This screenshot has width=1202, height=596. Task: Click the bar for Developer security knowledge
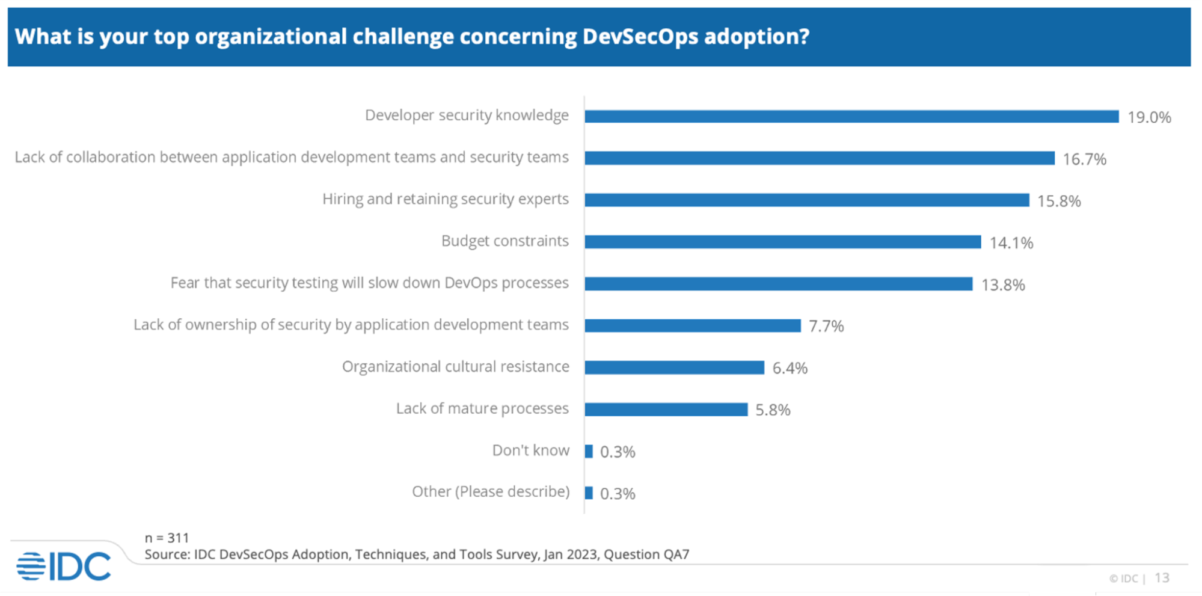[x=851, y=117]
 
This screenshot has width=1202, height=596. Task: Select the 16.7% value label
[x=1084, y=159]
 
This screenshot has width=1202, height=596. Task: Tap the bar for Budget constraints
[x=782, y=242]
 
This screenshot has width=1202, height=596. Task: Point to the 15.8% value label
[x=1058, y=201]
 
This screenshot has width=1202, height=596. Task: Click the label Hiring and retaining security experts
[x=445, y=199]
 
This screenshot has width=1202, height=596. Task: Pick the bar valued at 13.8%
[x=778, y=284]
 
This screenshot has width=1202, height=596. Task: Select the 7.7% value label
[x=826, y=326]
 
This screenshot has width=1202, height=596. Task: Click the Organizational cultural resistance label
[x=455, y=367]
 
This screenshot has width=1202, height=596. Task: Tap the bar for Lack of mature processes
[x=666, y=410]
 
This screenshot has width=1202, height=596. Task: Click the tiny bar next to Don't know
[x=589, y=451]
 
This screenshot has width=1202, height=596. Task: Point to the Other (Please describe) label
[x=490, y=492]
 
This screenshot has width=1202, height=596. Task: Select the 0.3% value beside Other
[x=618, y=494]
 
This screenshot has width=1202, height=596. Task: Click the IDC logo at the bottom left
[x=64, y=566]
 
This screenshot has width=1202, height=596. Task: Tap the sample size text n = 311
[x=167, y=538]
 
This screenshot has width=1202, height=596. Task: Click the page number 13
[x=1162, y=578]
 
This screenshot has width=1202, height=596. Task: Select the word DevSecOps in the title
[x=640, y=37]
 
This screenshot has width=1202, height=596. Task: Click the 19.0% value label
[x=1148, y=117]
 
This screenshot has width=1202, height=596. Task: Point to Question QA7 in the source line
[x=646, y=555]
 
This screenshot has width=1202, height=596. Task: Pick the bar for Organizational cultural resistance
[x=674, y=367]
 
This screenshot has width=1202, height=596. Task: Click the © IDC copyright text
[x=1123, y=579]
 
